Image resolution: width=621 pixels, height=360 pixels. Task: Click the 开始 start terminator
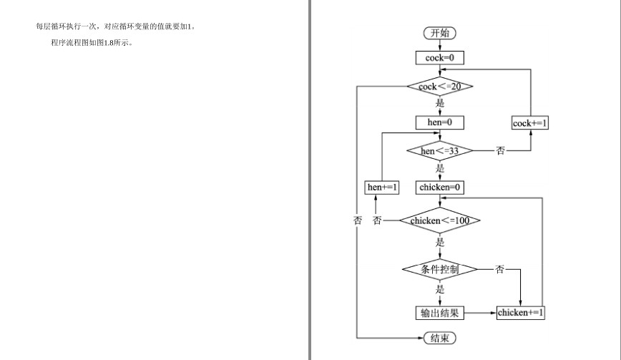[439, 33]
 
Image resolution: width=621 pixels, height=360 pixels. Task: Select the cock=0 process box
[439, 58]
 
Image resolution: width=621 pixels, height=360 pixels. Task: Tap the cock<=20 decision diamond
[439, 87]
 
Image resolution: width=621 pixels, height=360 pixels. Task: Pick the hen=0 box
[439, 122]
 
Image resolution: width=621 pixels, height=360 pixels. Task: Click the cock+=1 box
[530, 123]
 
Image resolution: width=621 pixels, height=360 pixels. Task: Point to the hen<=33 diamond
[439, 151]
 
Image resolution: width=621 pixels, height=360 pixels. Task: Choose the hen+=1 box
[382, 188]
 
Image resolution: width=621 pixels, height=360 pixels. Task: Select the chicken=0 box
[439, 188]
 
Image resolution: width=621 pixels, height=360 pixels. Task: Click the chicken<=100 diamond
[439, 220]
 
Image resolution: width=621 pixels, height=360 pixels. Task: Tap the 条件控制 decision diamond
[439, 269]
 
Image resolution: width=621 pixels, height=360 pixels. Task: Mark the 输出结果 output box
[439, 313]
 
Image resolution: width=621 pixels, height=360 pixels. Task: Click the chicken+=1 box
[520, 313]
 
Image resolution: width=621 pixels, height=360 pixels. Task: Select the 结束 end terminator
[439, 338]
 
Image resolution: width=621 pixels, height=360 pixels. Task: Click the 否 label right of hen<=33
[501, 150]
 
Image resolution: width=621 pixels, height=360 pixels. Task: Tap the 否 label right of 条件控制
[500, 269]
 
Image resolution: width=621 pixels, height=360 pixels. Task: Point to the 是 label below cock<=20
[440, 103]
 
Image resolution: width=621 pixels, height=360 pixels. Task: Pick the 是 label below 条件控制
[440, 289]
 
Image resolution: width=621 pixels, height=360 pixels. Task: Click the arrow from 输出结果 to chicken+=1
[480, 313]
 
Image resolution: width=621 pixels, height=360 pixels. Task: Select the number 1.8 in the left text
[109, 43]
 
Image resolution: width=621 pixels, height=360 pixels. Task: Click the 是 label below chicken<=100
[440, 242]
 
